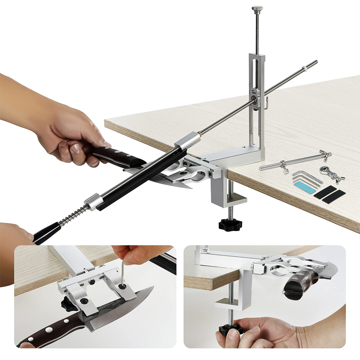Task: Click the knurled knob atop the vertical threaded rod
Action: (x=257, y=8)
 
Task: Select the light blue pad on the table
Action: (x=305, y=187)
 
